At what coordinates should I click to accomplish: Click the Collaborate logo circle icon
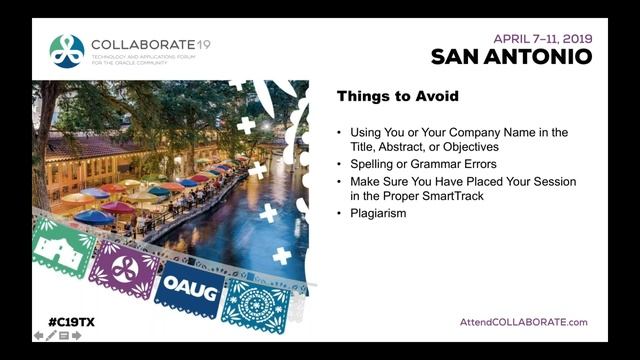click(x=67, y=50)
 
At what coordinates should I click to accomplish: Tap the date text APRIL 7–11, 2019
click(x=542, y=38)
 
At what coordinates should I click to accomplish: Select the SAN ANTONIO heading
click(x=511, y=57)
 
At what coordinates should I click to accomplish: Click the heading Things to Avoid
click(x=397, y=97)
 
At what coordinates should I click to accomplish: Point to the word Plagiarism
click(x=378, y=213)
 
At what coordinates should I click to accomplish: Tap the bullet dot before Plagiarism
click(x=339, y=213)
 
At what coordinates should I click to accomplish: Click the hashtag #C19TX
click(x=71, y=322)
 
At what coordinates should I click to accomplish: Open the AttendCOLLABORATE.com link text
click(x=523, y=322)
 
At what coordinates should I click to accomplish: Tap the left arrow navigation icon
click(x=39, y=336)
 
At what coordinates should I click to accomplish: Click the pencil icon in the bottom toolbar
click(x=51, y=336)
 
